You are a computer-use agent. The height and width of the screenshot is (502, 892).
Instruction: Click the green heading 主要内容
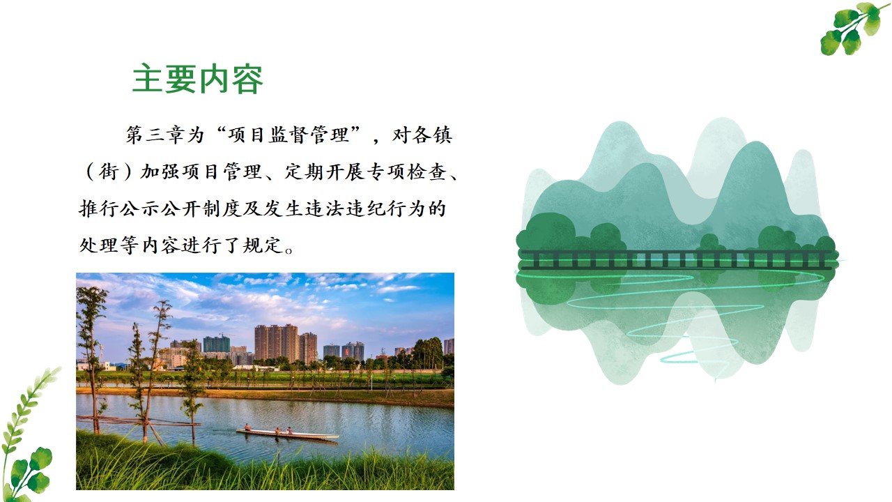(x=198, y=80)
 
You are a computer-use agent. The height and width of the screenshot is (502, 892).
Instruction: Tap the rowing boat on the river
(x=286, y=434)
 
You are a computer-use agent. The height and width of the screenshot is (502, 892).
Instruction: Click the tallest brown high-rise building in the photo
(x=277, y=342)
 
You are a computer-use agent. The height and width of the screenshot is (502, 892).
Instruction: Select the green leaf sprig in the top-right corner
(x=850, y=27)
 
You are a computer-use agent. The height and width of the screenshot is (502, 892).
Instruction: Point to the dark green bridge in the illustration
(x=676, y=259)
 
